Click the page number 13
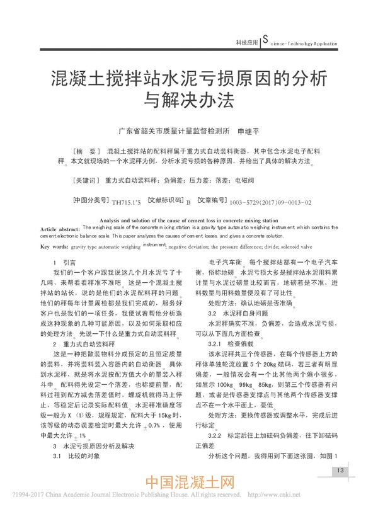[339, 470]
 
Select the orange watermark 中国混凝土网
[189, 484]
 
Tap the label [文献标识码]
[166, 202]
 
